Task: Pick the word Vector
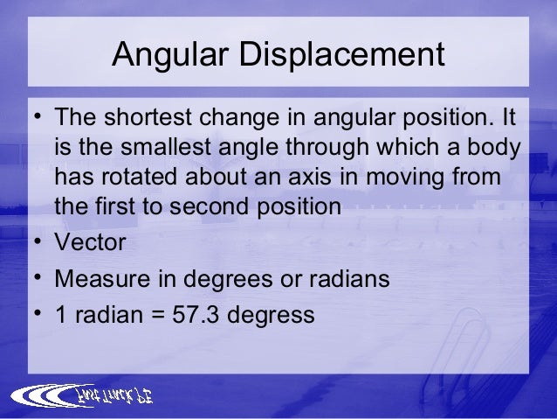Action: (x=89, y=241)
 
